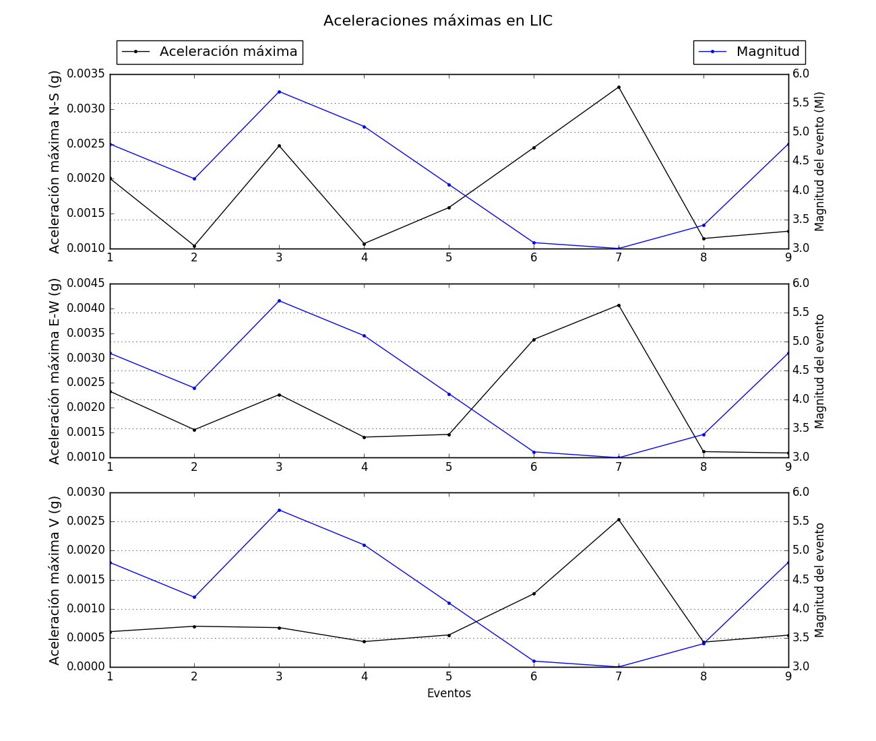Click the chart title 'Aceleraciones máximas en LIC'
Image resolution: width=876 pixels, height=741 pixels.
[x=438, y=21]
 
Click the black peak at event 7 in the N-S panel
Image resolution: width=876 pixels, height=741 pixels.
[x=619, y=87]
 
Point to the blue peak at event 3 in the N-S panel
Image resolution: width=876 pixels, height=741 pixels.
[x=279, y=92]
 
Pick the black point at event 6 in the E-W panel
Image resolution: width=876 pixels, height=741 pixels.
[x=534, y=340]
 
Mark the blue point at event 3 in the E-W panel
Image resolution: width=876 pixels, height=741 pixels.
[x=279, y=300]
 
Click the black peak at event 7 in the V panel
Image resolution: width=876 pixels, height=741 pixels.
[x=619, y=519]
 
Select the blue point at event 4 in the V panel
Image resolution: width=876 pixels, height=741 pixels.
[x=364, y=545]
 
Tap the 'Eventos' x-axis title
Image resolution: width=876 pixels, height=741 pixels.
[x=449, y=693]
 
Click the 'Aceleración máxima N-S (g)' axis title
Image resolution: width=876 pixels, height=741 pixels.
[x=55, y=162]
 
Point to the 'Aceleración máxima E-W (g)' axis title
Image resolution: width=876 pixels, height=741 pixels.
[x=55, y=370]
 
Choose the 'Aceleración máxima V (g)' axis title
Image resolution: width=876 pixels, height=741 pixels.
[x=55, y=580]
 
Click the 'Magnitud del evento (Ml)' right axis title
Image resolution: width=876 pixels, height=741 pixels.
[x=820, y=162]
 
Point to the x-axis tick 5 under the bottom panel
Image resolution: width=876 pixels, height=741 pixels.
[x=449, y=676]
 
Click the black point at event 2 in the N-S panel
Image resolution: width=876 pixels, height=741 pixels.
[x=194, y=246]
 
